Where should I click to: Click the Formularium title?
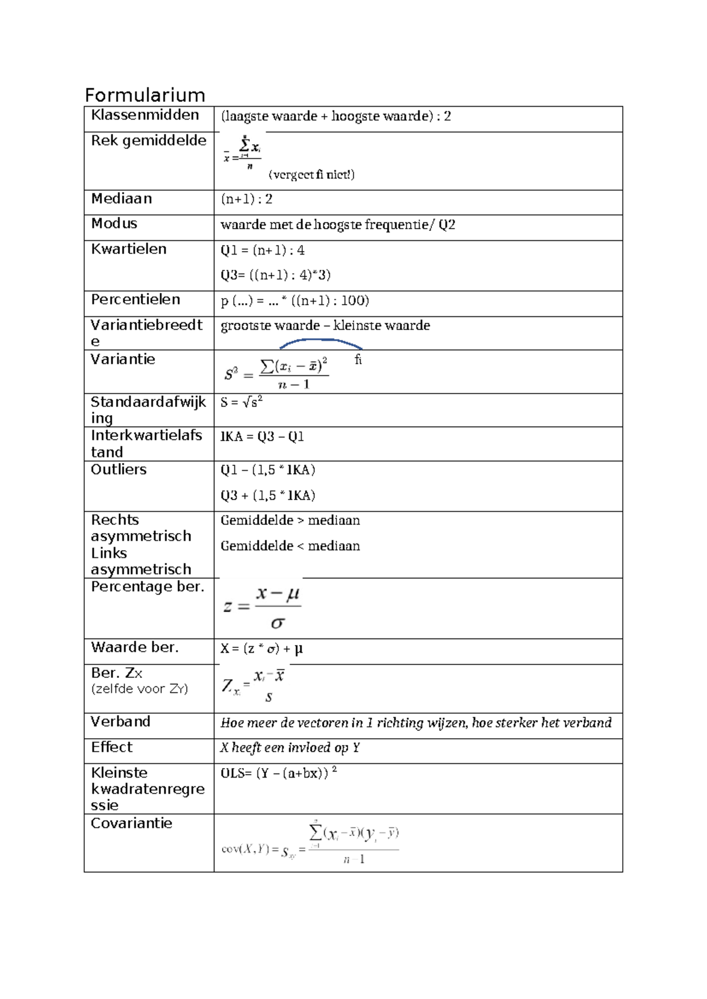coord(145,95)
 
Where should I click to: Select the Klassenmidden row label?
coord(145,115)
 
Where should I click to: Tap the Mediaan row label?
coord(121,199)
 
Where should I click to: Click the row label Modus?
coord(114,224)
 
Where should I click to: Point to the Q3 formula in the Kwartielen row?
coord(275,275)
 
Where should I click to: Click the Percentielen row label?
coord(136,300)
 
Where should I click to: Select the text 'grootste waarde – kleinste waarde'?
coord(325,326)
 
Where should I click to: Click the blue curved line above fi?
coord(321,342)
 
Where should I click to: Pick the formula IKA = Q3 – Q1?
coord(262,437)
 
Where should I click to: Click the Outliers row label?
coord(118,469)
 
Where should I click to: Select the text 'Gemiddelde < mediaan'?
coord(290,546)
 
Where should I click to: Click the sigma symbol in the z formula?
coord(277,623)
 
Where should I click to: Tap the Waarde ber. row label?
coord(134,647)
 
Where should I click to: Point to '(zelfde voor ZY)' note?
coord(140,689)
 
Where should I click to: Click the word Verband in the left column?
coord(120,722)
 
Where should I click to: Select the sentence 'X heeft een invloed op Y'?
coord(290,748)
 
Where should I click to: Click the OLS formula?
coord(278,773)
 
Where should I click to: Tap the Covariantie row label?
coord(131,823)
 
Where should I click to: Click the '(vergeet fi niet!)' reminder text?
coord(311,174)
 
